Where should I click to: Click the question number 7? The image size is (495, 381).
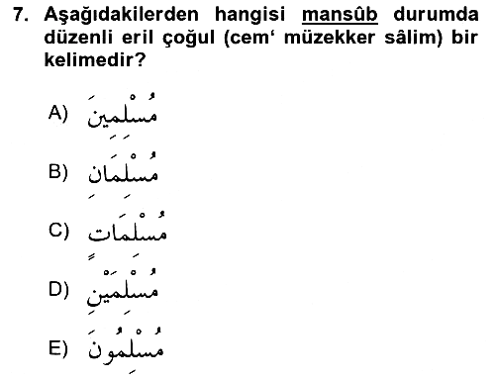click(20, 15)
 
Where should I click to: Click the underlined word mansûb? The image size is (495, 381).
click(340, 15)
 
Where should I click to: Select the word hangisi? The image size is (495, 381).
click(249, 16)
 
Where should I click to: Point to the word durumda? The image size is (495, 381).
click(436, 15)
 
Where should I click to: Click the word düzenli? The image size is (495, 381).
click(78, 38)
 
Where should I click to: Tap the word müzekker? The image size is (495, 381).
click(330, 38)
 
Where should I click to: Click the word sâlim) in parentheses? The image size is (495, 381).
click(414, 39)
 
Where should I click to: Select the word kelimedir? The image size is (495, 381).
click(95, 60)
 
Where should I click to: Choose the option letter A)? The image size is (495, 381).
click(58, 113)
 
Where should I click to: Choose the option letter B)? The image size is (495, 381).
click(58, 172)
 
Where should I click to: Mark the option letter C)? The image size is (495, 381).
click(58, 231)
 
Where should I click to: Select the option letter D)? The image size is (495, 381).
click(58, 289)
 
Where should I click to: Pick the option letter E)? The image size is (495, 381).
click(58, 348)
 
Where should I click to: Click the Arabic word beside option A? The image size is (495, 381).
click(122, 115)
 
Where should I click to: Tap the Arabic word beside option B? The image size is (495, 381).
click(123, 175)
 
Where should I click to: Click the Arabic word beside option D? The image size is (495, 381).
click(123, 291)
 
